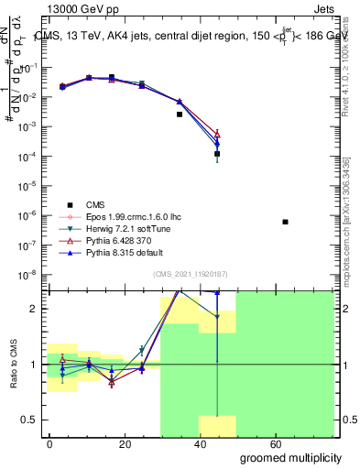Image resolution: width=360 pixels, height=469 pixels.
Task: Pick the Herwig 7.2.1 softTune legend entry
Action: [125, 229]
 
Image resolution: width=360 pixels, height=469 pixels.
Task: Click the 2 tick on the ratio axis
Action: [37, 309]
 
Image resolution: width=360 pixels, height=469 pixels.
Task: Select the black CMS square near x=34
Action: [180, 115]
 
